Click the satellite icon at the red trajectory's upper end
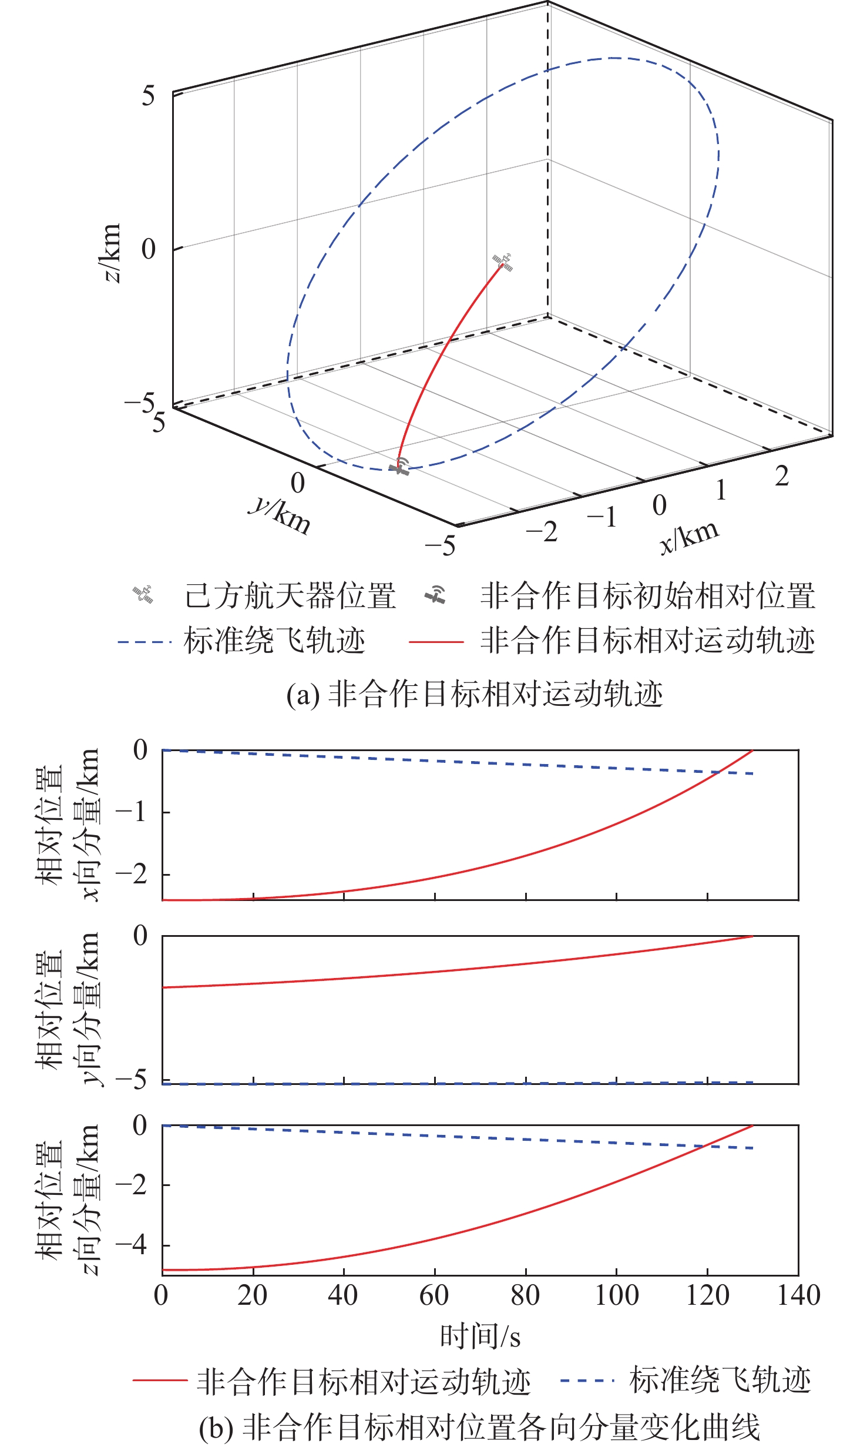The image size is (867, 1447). [x=503, y=262]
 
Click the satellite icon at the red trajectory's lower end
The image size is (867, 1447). [x=400, y=466]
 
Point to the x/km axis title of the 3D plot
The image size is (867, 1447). [x=688, y=537]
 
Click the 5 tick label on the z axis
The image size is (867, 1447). [x=148, y=96]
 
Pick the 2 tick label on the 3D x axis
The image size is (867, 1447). [x=781, y=476]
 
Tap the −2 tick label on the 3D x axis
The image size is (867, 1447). [x=542, y=532]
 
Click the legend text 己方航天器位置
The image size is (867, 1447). [x=290, y=596]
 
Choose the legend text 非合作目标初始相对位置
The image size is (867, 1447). [x=647, y=596]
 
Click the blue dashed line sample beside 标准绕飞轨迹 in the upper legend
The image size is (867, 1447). [x=144, y=642]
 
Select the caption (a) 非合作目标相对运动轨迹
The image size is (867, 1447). [x=475, y=694]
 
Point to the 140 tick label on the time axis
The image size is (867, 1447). [x=798, y=1295]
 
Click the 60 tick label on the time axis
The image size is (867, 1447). [x=434, y=1295]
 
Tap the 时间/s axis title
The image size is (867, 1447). [x=480, y=1336]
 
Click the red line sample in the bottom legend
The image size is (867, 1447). [x=160, y=1381]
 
